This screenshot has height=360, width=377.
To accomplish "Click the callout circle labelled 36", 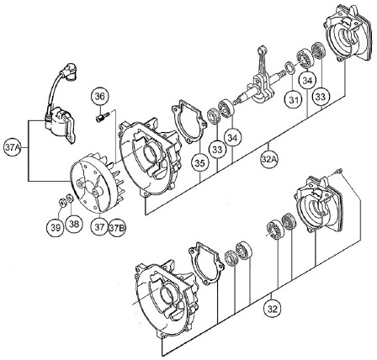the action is pos(99,96).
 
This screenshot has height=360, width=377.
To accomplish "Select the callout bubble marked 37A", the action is pos(13,148).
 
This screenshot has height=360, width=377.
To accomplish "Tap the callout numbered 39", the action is pos(56,228).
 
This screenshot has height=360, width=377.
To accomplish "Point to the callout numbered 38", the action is pos(74,224).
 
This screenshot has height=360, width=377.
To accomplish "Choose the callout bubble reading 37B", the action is pos(117,228).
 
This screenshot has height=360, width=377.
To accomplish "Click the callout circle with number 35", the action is pos(200,163).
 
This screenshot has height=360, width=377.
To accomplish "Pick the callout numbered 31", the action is pos(294,100).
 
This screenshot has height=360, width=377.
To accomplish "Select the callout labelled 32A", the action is pos(269,159).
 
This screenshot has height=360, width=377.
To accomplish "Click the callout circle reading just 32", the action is pos(272,310).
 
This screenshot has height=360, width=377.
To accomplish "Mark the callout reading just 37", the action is pos(100,227).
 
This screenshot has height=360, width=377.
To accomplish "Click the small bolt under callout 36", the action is pos(103,117).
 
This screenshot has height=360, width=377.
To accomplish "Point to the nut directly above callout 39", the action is pos(61,202).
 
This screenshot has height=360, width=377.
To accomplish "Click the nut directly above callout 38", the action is pos(70,198).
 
